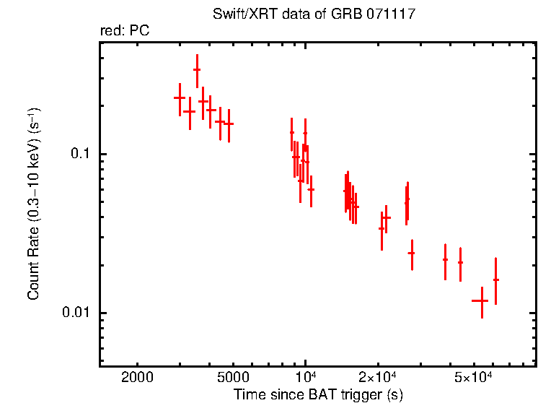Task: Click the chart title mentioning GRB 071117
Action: point(314,14)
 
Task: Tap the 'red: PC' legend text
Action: point(124,31)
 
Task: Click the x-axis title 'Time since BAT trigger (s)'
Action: point(318,395)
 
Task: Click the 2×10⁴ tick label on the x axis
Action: point(377,378)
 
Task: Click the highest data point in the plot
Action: point(197,70)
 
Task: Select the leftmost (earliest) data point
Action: point(180,97)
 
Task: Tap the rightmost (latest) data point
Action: point(495,279)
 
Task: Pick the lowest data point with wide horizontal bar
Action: point(480,300)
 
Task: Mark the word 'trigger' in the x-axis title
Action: point(356,395)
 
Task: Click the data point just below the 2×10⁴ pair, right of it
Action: point(411,253)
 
